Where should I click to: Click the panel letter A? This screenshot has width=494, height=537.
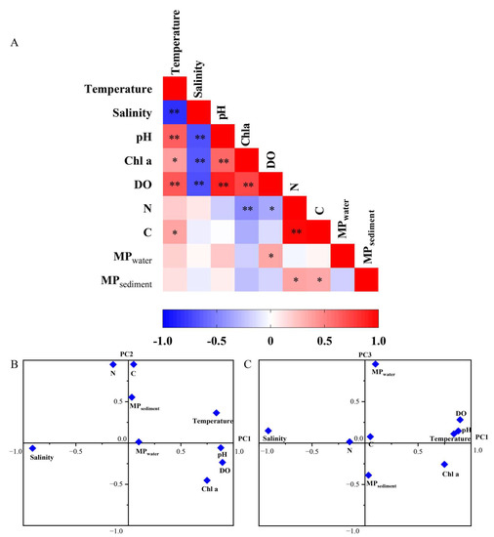(x=15, y=44)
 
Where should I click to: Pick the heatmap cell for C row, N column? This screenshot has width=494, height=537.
(x=295, y=232)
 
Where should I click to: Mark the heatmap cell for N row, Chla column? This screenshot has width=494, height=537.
(x=246, y=208)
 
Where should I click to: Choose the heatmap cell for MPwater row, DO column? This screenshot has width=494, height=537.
(x=270, y=256)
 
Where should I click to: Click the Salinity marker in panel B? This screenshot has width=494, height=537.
(x=32, y=448)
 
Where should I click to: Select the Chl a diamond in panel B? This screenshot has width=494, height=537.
(x=207, y=480)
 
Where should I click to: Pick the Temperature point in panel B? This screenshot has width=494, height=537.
(x=216, y=413)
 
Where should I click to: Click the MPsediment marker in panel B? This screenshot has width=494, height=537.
(x=132, y=397)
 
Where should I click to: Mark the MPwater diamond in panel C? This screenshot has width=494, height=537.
(x=375, y=364)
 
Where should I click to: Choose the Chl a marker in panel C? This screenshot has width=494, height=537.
(x=444, y=464)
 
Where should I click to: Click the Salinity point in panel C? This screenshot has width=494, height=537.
(x=268, y=431)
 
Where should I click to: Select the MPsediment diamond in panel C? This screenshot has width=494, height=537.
(x=368, y=475)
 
